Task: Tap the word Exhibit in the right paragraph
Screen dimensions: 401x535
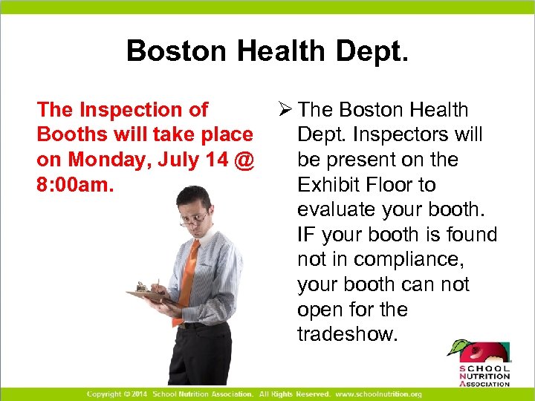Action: [330, 185]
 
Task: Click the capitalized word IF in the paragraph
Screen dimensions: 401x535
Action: [305, 235]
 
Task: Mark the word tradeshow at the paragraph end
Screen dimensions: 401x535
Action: [348, 334]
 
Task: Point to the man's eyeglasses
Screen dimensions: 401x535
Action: [195, 218]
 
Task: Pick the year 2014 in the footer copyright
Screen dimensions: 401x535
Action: [139, 394]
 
